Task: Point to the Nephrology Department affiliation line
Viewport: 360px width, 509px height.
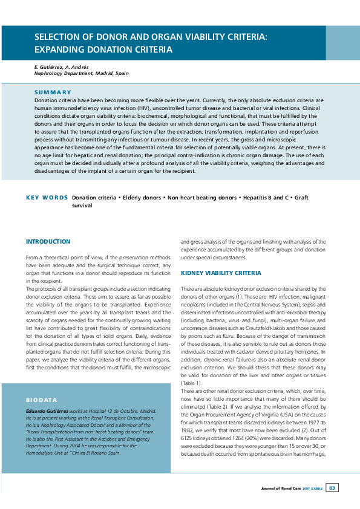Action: pyautogui.click(x=81, y=73)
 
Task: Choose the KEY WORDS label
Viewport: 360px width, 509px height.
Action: pyautogui.click(x=47, y=198)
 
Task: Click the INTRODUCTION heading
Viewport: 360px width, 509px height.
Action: pyautogui.click(x=48, y=241)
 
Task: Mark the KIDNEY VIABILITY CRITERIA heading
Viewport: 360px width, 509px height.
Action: pyautogui.click(x=221, y=273)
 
